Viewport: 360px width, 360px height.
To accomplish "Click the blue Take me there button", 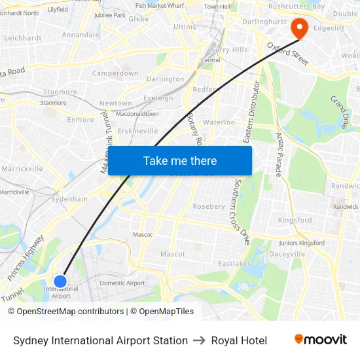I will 180,160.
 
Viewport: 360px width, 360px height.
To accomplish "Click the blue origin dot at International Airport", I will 60,281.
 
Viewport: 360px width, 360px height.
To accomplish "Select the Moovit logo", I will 320,340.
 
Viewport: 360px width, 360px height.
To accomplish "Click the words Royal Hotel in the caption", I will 239,340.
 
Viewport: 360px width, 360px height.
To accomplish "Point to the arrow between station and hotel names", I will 200,340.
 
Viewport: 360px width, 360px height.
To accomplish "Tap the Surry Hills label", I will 229,50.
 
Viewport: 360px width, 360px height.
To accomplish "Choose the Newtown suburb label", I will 115,103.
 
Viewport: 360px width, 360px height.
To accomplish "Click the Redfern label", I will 205,89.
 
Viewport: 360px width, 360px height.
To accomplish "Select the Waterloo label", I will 219,122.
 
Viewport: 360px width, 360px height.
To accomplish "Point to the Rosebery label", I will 209,206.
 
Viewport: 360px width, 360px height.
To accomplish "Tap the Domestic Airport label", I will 122,283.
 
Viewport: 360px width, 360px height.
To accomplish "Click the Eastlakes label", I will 234,264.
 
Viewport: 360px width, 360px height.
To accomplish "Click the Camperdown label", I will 115,73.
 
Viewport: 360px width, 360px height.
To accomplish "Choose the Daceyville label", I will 287,253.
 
